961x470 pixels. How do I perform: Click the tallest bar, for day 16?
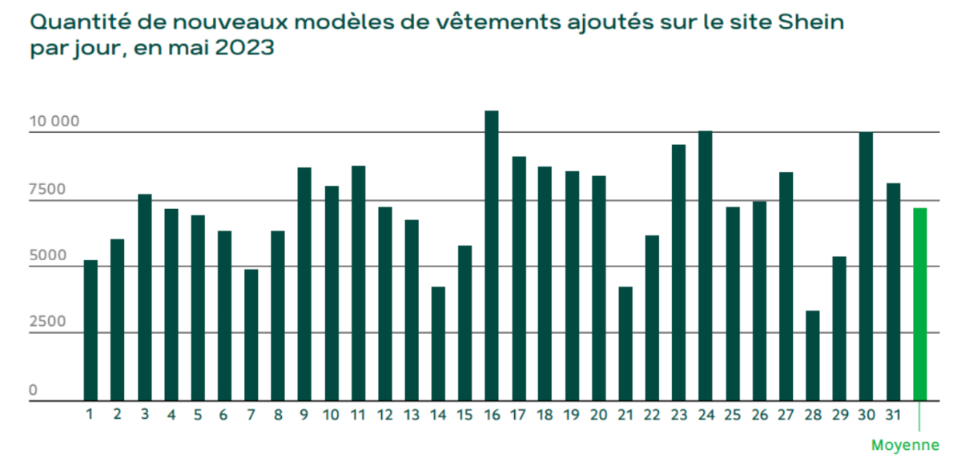click(492, 256)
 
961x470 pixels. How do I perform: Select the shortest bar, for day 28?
click(812, 356)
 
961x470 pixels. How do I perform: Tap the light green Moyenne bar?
click(919, 304)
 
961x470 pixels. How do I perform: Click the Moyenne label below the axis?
click(905, 445)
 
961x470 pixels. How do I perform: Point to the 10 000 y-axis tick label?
click(54, 123)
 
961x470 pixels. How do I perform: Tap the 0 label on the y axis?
click(34, 391)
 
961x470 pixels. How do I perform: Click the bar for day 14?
click(438, 343)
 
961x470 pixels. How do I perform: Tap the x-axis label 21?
click(625, 415)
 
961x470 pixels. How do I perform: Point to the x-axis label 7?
click(251, 415)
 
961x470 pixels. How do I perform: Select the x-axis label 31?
click(892, 415)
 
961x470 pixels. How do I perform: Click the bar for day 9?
click(304, 284)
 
